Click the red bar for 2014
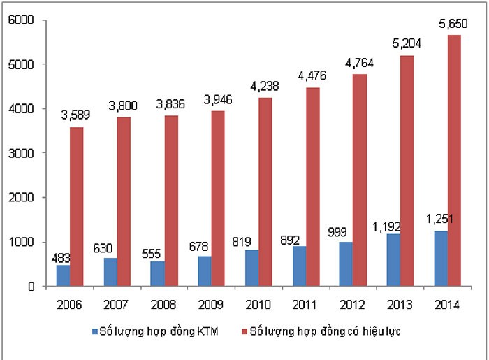455,161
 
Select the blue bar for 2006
64,275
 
